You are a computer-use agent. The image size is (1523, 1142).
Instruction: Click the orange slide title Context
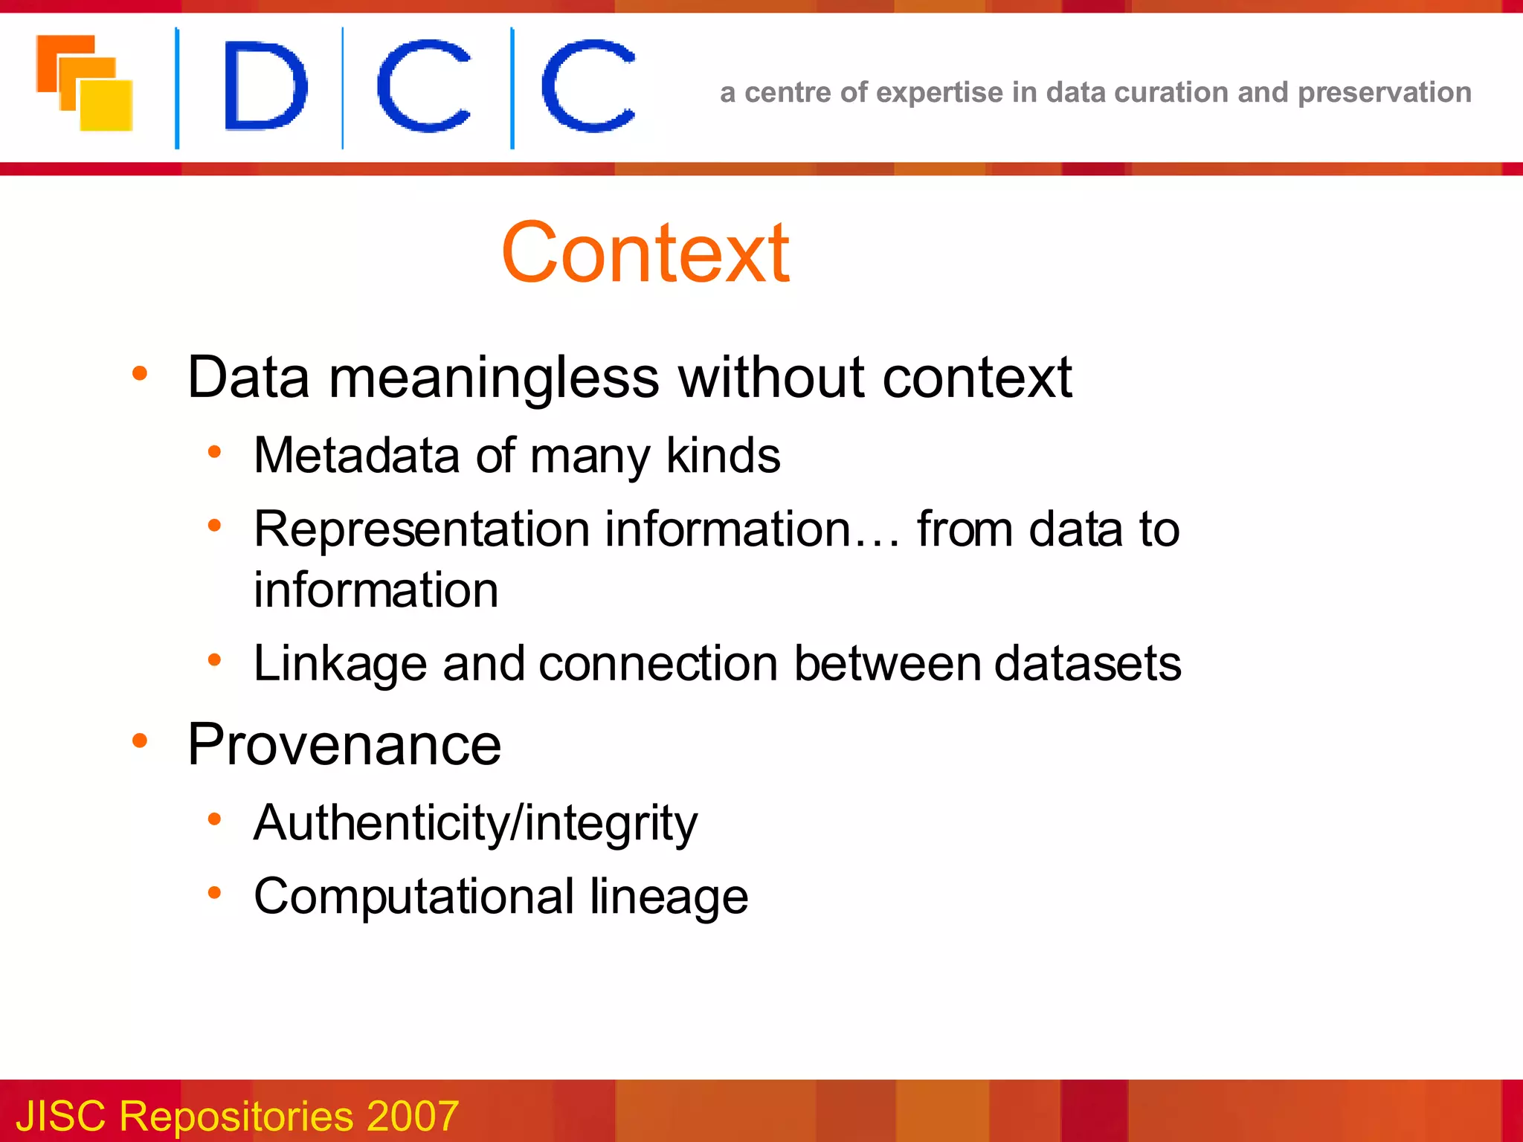(x=645, y=254)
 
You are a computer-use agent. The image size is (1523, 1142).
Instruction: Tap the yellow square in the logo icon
(x=106, y=105)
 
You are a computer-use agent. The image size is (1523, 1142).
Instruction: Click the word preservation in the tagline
(x=1384, y=93)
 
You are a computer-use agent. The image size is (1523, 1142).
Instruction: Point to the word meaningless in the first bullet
(x=493, y=378)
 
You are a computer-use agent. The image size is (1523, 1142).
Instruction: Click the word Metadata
(x=356, y=455)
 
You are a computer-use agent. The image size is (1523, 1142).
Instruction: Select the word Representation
(x=422, y=529)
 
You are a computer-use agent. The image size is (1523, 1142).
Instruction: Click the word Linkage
(x=340, y=663)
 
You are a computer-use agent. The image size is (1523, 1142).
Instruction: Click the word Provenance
(x=344, y=744)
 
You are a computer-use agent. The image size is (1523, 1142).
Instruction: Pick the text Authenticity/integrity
(x=475, y=823)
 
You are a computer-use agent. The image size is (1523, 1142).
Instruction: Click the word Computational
(x=413, y=897)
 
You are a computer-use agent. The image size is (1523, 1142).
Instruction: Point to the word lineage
(x=669, y=897)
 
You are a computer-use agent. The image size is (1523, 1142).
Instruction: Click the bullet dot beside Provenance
(x=140, y=741)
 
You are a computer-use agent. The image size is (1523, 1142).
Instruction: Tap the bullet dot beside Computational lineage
(x=214, y=892)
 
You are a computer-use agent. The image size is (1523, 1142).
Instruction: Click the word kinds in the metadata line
(x=723, y=455)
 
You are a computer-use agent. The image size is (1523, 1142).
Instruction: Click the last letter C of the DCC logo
(x=588, y=86)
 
